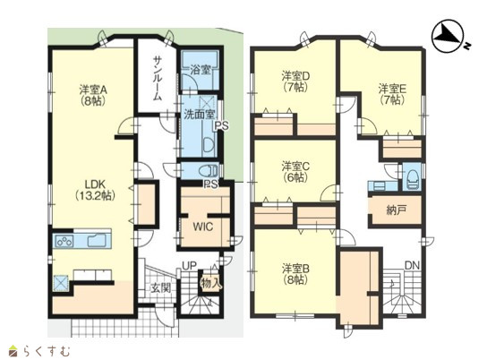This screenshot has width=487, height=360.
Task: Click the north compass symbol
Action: pyautogui.click(x=449, y=37)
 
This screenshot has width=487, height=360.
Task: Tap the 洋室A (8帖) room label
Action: pyautogui.click(x=93, y=95)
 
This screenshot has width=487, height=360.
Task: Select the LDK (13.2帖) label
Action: pyautogui.click(x=96, y=190)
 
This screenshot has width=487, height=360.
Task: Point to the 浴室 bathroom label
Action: pyautogui.click(x=201, y=70)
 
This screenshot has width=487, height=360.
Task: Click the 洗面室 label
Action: pyautogui.click(x=199, y=115)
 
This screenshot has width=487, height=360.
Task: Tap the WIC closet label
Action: pyautogui.click(x=203, y=227)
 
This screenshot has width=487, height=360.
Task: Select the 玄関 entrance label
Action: pyautogui.click(x=161, y=287)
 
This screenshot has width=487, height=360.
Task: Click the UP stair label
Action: pyautogui.click(x=189, y=266)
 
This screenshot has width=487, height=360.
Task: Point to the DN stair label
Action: pyautogui.click(x=412, y=266)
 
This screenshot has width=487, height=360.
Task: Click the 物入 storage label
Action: pyautogui.click(x=211, y=283)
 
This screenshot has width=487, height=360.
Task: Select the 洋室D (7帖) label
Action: pyautogui.click(x=296, y=81)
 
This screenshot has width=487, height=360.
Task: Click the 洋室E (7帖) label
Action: pyautogui.click(x=392, y=94)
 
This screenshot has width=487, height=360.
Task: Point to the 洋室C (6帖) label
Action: pyautogui.click(x=295, y=172)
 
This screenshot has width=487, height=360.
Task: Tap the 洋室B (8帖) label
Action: pyautogui.click(x=295, y=274)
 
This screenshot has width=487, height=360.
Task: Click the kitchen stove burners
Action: pyautogui.click(x=64, y=241)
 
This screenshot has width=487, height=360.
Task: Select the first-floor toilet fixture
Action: pyautogui.click(x=208, y=170)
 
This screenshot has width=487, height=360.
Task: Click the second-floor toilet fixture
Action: pyautogui.click(x=412, y=180)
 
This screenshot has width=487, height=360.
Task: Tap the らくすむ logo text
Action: pyautogui.click(x=47, y=351)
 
